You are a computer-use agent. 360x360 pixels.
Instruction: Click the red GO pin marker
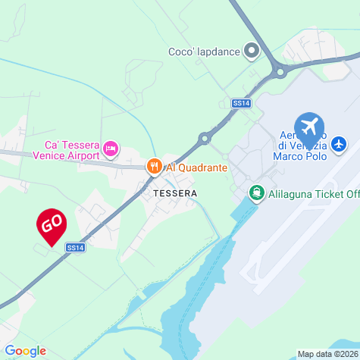coord(52,224)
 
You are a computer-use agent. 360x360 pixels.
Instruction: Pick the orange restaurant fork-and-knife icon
coord(154,166)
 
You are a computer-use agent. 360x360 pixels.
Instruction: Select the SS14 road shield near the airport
coord(241,102)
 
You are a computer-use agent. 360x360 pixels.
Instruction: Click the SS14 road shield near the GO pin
coord(74,247)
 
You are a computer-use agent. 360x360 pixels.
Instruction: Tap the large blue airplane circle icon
coord(308,126)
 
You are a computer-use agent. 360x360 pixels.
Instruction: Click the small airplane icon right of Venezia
coord(339,143)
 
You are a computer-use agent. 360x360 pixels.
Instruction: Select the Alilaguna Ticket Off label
coord(311,193)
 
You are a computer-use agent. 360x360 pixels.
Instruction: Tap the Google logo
coord(25,351)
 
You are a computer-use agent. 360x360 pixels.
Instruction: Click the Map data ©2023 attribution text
coord(327,354)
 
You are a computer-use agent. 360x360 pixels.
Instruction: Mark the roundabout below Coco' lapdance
coord(279,73)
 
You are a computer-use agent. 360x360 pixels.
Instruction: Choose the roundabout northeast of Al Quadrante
coord(204,138)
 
